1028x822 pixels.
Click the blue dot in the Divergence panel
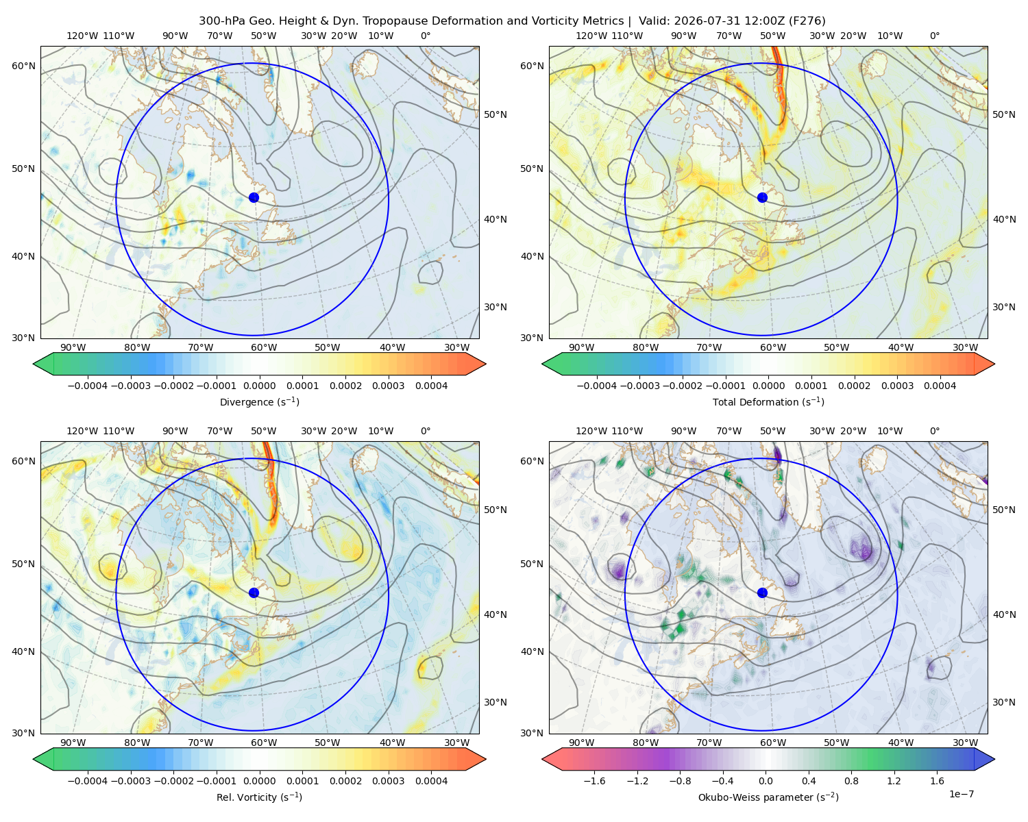click(254, 197)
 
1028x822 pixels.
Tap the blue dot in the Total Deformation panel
click(762, 197)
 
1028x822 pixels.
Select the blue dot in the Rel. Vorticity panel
click(254, 593)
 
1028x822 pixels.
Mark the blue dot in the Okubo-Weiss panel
click(762, 593)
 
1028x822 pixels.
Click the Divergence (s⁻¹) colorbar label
click(259, 401)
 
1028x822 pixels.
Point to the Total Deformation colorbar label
click(768, 401)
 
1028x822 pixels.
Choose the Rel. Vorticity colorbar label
click(259, 797)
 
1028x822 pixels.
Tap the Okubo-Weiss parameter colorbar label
click(768, 797)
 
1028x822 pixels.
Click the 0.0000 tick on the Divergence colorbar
click(259, 386)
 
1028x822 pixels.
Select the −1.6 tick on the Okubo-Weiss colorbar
click(594, 780)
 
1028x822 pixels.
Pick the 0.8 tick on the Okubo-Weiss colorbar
click(851, 780)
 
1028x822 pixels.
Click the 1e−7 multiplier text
click(961, 793)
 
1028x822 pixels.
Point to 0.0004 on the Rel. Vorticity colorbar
click(431, 780)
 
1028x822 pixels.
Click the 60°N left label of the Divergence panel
click(23, 66)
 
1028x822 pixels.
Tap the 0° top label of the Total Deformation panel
click(934, 36)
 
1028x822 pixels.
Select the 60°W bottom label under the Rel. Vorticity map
click(264, 743)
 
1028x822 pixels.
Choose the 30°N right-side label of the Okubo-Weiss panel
click(1003, 701)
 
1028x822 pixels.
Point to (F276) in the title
click(807, 21)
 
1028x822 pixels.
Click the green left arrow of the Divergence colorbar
click(43, 364)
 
